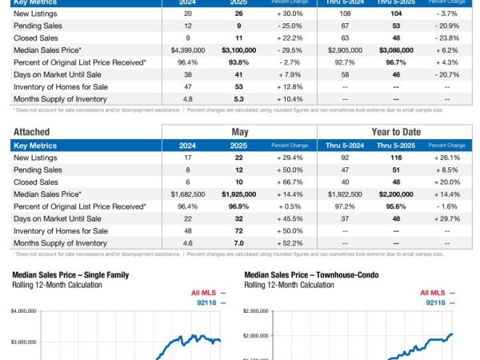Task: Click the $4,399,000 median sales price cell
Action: click(182, 50)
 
